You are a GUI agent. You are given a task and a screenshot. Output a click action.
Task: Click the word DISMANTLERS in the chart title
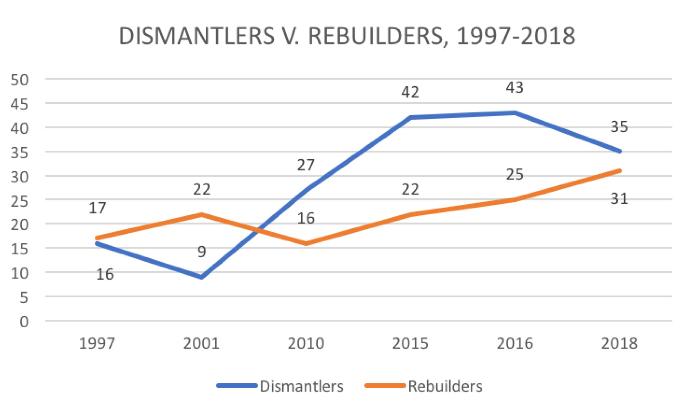tap(197, 36)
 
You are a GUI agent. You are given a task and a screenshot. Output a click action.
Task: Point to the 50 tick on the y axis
tap(20, 80)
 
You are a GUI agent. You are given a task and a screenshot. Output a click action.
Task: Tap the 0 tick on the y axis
tap(24, 322)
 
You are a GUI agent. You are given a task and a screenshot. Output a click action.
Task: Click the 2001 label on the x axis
tap(201, 343)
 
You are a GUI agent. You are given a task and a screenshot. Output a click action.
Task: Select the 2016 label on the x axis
tap(515, 343)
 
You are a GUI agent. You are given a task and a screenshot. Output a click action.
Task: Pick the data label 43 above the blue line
tap(514, 87)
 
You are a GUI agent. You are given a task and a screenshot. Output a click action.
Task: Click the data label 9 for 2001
tap(202, 251)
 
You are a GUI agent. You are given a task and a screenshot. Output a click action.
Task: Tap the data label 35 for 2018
tap(619, 127)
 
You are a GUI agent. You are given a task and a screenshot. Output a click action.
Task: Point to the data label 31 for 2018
tap(619, 199)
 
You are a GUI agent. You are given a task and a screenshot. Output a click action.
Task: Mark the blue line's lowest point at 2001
tap(201, 277)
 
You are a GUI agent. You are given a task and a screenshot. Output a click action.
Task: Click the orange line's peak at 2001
tap(201, 215)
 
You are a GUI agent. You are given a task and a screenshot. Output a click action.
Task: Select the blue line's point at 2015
tap(410, 117)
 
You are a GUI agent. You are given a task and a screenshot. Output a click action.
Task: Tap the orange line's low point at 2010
tap(306, 243)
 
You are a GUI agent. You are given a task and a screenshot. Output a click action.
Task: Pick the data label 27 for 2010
tap(306, 165)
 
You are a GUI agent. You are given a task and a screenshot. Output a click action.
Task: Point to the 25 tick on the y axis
tap(20, 201)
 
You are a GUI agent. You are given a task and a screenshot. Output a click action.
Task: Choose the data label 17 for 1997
tap(97, 208)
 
